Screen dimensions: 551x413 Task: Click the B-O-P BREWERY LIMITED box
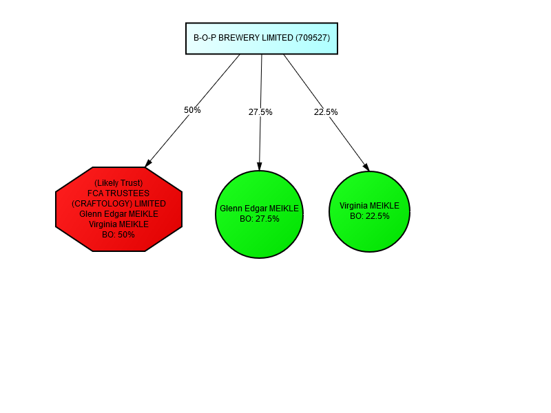[x=262, y=39]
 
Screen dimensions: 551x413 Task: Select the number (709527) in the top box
[x=313, y=38]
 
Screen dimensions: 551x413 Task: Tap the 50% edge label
[x=192, y=110]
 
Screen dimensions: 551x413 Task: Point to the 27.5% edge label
[x=260, y=112]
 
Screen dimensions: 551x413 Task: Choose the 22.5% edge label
[x=326, y=112]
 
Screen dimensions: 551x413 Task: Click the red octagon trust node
[x=118, y=209]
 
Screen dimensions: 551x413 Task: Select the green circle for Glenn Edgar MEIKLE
[x=260, y=214]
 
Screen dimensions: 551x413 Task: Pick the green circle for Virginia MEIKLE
[x=369, y=211]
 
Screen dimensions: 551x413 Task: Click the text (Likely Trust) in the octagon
[x=118, y=183]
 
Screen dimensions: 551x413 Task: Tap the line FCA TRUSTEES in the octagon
[x=118, y=193]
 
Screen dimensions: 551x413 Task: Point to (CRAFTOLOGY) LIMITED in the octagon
[x=118, y=204]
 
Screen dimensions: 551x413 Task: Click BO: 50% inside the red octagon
[x=118, y=235]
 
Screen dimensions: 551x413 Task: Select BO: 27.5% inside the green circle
[x=260, y=219]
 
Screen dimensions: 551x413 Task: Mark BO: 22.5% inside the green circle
[x=370, y=216]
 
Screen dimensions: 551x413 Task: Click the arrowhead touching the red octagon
[x=148, y=163]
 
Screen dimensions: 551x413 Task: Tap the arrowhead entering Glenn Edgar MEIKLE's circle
[x=260, y=167]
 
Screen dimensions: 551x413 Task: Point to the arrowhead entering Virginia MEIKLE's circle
[x=366, y=167]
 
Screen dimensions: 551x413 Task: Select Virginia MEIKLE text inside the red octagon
[x=118, y=224]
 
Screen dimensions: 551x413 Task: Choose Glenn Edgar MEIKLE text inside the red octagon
[x=118, y=214]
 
